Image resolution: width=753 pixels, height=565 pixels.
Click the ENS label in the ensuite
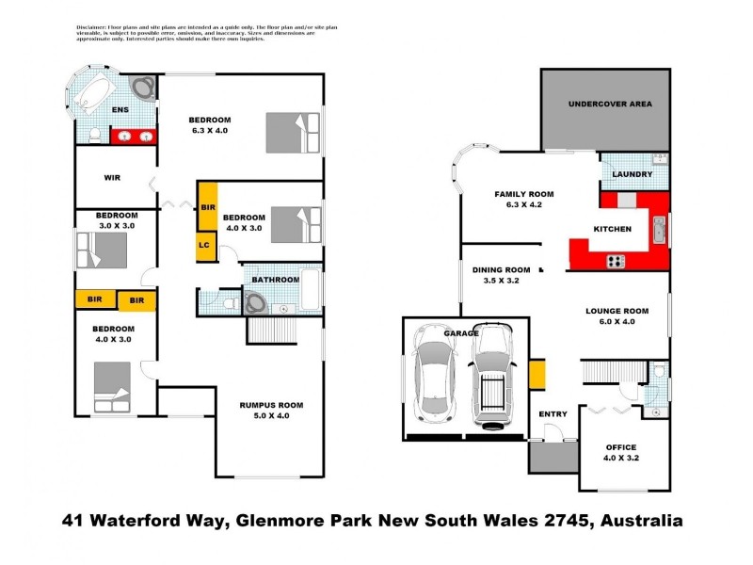[x=120, y=110]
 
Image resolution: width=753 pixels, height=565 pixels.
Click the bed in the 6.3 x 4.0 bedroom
[x=293, y=133]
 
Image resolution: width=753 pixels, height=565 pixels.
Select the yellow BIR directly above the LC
[x=207, y=206]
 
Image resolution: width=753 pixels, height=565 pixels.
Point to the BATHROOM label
[x=275, y=280]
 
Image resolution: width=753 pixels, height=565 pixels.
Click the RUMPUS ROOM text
[x=273, y=405]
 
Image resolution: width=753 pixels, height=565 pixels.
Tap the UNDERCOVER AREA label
[x=610, y=104]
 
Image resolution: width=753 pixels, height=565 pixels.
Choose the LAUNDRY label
[x=633, y=174]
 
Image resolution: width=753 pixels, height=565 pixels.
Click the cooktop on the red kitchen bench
[x=617, y=261]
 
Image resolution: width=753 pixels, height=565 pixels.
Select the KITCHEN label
[x=612, y=229]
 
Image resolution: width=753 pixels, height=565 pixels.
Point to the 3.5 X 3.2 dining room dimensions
[x=501, y=280]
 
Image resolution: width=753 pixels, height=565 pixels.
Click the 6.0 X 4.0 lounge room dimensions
[x=617, y=322]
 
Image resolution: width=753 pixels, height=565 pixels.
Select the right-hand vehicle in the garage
[x=492, y=374]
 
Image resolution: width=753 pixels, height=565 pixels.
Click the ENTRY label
[x=553, y=414]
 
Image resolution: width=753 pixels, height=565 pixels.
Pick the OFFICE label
[x=621, y=447]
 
